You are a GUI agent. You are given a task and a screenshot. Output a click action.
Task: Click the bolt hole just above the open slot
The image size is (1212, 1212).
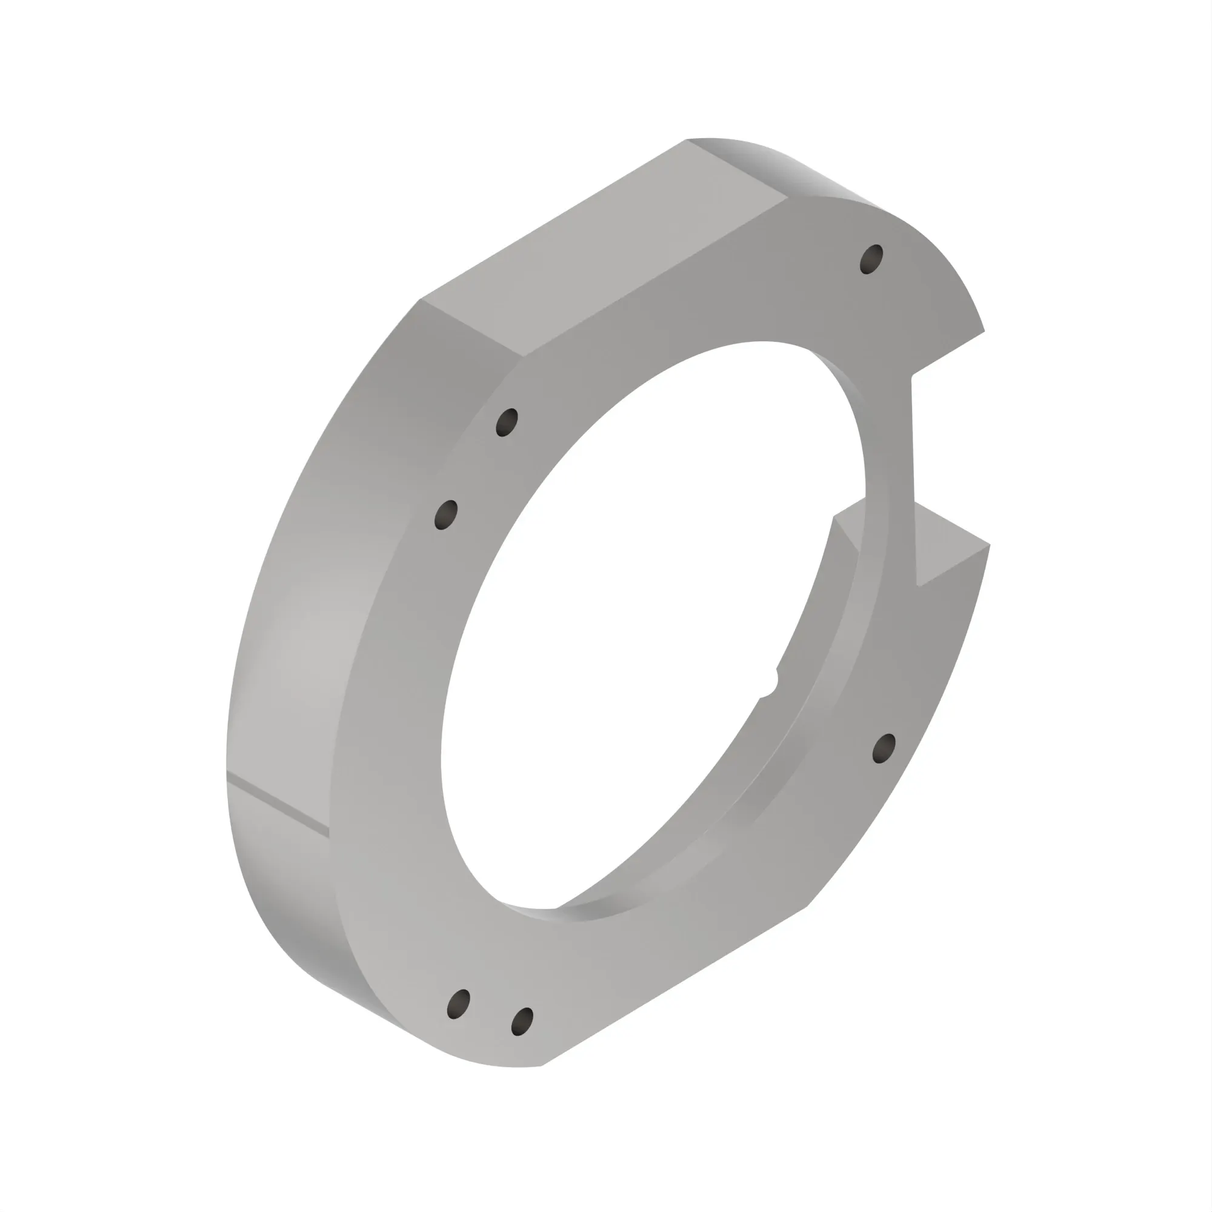[871, 259]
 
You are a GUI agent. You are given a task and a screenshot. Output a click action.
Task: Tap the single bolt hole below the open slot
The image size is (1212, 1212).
[884, 748]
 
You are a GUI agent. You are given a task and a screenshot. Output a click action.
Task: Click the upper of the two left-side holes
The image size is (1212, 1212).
[507, 422]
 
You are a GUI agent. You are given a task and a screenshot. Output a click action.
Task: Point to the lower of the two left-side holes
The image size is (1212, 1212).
[445, 515]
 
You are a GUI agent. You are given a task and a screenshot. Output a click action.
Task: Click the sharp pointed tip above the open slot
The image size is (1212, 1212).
[984, 331]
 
